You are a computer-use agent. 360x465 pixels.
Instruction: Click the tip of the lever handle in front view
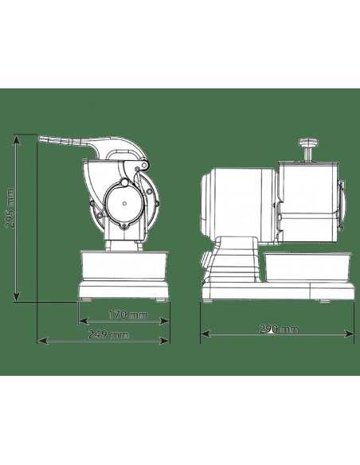tap(42, 140)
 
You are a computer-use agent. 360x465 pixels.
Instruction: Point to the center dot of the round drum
tap(125, 202)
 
